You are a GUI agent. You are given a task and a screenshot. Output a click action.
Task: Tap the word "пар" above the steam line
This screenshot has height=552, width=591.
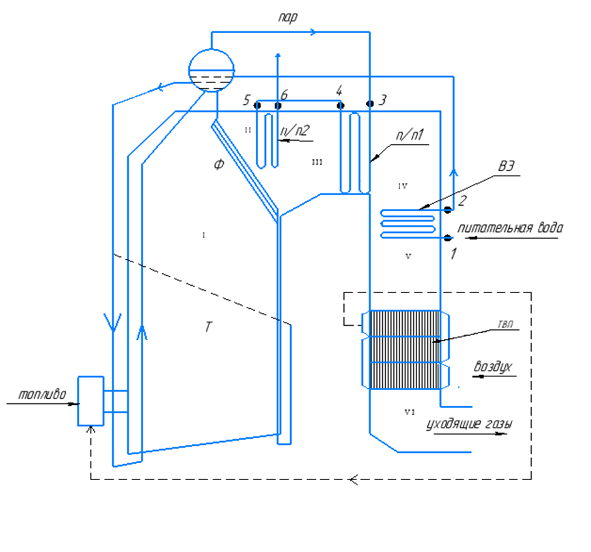coord(288,18)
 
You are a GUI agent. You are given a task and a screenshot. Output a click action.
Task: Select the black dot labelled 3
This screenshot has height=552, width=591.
coord(370,103)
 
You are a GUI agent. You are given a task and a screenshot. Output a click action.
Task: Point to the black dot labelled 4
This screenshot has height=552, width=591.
coord(340,105)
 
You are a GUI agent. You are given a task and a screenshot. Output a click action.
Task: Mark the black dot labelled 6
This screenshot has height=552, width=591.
coord(278,106)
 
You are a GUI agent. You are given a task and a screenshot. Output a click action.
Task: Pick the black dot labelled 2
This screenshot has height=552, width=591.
coord(448,209)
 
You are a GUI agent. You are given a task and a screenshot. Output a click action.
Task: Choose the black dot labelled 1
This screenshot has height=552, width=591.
coord(448,238)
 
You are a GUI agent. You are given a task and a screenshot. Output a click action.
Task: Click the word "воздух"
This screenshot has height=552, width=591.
coord(492,366)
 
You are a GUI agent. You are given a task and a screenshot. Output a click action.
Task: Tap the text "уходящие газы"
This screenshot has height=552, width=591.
coord(469,425)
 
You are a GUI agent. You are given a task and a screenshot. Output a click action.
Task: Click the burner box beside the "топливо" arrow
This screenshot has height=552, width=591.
coord(90,401)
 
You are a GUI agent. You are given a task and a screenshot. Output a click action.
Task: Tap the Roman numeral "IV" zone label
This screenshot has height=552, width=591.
coord(403,186)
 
